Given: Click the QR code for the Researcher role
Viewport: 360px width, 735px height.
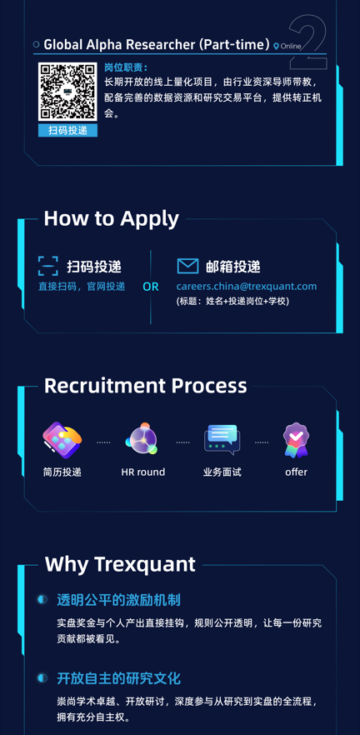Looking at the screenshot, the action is (x=67, y=92).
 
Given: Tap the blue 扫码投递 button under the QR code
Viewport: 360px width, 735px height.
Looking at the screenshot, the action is (x=68, y=130).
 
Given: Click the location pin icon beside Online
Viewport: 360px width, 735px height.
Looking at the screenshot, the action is (x=276, y=47).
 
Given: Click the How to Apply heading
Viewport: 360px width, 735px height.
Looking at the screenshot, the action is (x=112, y=218).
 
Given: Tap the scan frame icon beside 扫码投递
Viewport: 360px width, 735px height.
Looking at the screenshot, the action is (x=48, y=266).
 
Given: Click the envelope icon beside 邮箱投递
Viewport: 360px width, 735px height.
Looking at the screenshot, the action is (x=187, y=267).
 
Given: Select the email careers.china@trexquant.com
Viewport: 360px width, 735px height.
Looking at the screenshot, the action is (x=247, y=287).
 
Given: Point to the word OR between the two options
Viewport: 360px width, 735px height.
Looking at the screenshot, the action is (x=151, y=287).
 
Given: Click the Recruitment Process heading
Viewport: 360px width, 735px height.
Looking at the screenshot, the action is (x=145, y=386).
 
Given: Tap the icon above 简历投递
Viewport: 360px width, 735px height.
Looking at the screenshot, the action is (x=62, y=440).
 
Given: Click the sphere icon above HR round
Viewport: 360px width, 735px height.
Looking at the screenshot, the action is (x=141, y=440).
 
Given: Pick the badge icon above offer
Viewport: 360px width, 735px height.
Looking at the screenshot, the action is (x=296, y=440).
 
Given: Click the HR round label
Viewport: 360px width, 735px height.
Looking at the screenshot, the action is (x=143, y=472).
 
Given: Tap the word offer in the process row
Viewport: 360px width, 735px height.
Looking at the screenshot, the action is (x=297, y=472).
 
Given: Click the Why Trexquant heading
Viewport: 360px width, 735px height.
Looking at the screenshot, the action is (x=120, y=564).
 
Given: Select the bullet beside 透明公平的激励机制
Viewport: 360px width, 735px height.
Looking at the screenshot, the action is (x=42, y=599).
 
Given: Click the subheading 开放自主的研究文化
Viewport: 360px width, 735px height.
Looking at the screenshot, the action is (x=118, y=678).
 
